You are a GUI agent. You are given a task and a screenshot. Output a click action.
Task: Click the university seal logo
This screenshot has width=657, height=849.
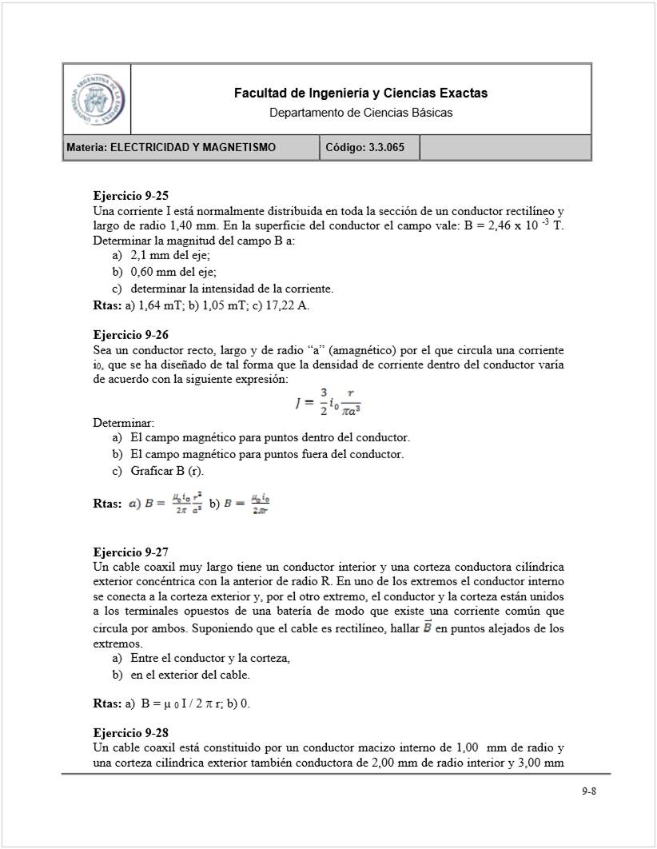[x=97, y=99]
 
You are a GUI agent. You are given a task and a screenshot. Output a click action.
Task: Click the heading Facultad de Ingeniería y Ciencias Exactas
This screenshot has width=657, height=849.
[x=360, y=94]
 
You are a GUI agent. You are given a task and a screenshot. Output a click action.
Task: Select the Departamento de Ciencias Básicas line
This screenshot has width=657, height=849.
[x=360, y=113]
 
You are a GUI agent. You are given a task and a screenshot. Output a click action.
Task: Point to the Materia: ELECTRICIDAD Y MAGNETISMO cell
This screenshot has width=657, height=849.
[x=191, y=148]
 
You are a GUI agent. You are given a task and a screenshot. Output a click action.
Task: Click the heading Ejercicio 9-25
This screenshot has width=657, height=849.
[x=130, y=196]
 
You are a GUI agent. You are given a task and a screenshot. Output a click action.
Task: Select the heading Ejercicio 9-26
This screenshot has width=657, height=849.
[x=130, y=336]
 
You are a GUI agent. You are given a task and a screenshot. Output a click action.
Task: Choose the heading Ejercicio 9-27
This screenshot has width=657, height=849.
[x=130, y=552]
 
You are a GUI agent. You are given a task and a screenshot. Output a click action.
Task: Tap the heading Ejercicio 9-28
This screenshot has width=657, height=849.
[x=130, y=733]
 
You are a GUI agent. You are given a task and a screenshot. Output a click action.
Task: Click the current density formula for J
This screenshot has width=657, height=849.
[x=328, y=401]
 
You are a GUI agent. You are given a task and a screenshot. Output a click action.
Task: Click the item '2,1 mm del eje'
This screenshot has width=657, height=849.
[x=170, y=256]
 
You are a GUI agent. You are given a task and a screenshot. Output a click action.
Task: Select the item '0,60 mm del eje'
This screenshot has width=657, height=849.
[x=173, y=273]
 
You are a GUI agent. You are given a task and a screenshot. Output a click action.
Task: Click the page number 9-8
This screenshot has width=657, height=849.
[x=589, y=791]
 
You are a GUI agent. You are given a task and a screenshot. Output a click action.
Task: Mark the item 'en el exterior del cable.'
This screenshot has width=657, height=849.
[x=190, y=675]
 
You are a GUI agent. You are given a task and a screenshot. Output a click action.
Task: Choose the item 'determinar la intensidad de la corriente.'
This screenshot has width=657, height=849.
[x=232, y=289]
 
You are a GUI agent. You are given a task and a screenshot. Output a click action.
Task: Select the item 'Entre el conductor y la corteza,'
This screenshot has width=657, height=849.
[x=209, y=659]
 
